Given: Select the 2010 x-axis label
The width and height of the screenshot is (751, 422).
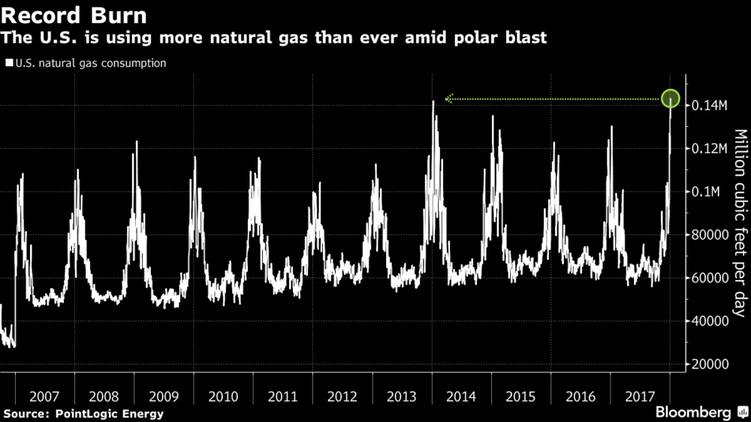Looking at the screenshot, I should [223, 396].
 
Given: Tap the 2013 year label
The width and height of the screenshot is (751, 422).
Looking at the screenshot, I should [402, 396].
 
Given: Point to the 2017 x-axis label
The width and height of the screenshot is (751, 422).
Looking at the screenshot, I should [640, 396].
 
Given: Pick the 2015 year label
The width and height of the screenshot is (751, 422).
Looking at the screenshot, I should [520, 396].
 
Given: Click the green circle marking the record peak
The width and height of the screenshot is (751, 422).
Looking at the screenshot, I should [671, 98].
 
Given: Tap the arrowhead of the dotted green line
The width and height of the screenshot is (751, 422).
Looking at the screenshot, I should [449, 98].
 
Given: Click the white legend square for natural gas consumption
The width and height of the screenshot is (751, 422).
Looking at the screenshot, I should [8, 64].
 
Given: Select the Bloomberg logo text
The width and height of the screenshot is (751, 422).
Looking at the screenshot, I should [694, 412].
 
